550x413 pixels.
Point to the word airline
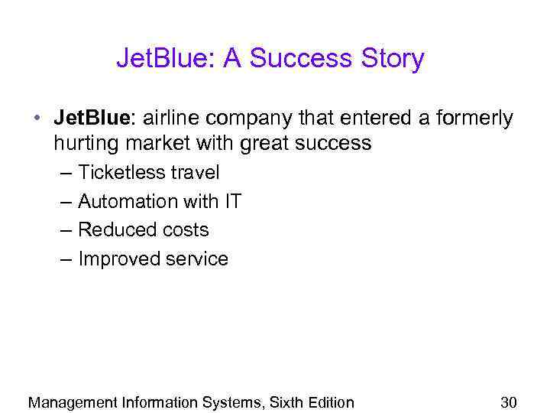[x=169, y=119]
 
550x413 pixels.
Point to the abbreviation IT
[x=232, y=201]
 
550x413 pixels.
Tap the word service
[x=196, y=259]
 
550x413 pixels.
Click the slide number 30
[x=509, y=402]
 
